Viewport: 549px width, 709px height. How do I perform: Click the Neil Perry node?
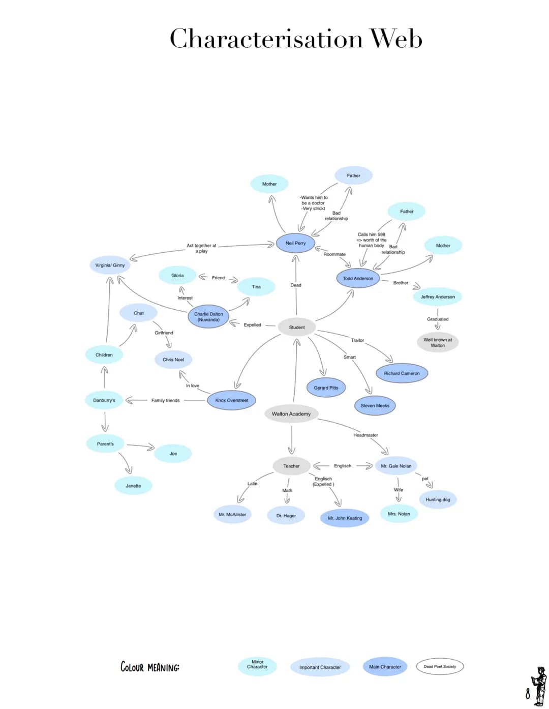295,243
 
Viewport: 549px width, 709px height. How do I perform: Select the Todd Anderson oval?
358,278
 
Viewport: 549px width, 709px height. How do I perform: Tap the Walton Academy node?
291,413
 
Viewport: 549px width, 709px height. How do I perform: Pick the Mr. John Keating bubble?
345,518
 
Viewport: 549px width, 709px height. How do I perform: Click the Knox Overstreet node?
231,400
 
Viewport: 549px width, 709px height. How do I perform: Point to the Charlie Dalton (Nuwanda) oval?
208,317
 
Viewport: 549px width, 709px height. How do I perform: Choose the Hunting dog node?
438,499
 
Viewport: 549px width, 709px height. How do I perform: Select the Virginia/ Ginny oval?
110,265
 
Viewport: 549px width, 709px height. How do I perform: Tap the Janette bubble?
133,486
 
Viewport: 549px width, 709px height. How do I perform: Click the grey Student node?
297,327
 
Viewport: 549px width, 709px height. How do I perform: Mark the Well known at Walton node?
438,342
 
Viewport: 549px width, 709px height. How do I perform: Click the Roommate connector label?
334,254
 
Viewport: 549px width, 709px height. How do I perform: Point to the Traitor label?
357,340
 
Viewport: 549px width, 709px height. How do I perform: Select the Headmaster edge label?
365,435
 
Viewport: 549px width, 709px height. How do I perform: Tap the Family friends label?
165,400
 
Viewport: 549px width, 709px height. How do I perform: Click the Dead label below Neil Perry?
296,285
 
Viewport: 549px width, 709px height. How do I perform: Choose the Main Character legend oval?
385,667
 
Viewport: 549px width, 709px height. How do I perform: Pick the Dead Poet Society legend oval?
440,666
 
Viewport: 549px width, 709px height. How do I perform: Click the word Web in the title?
395,39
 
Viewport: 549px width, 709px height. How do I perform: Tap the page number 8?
528,693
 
